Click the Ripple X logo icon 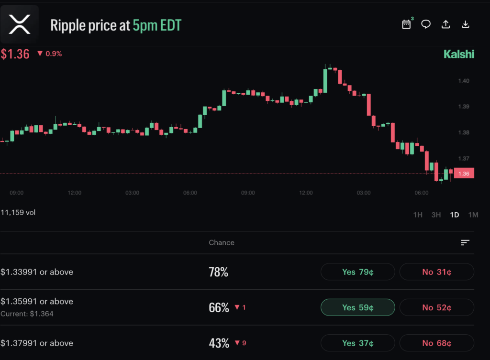[20, 24]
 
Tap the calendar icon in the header [406, 24]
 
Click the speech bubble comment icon [426, 24]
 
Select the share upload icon [445, 24]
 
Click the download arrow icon [465, 24]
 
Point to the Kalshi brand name [458, 54]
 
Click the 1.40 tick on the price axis [463, 81]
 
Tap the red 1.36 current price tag [463, 174]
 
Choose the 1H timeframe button [418, 215]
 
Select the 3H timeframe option [436, 215]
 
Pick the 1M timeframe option [473, 215]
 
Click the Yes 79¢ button [357, 272]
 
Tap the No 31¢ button [436, 272]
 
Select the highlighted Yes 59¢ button [357, 307]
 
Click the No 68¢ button [436, 343]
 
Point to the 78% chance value [218, 273]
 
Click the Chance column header [222, 242]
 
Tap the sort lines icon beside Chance [465, 243]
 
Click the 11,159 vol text [18, 212]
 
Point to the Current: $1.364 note [27, 314]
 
